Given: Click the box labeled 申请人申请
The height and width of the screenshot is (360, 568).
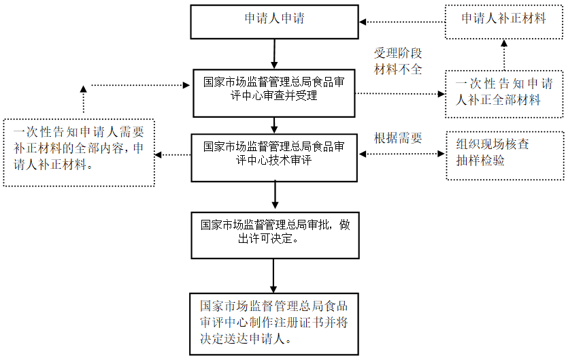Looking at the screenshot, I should coord(274,20).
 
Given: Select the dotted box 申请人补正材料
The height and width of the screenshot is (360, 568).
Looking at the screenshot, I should coord(504,20).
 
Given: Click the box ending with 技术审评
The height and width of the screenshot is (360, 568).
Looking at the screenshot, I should coord(274,156).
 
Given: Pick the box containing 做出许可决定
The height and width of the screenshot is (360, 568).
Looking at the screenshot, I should coord(274,233).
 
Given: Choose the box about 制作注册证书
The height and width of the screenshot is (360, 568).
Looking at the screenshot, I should coord(274,323).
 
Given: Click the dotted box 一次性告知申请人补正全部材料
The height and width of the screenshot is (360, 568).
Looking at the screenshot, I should coord(504,92).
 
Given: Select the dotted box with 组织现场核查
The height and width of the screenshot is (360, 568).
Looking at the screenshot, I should coord(504,155).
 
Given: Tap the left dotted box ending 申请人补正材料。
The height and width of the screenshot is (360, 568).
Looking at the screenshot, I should coord(78,152).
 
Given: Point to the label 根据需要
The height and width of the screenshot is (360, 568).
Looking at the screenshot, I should coord(398,138).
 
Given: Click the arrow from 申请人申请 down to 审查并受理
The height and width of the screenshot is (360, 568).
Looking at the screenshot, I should coord(274,52).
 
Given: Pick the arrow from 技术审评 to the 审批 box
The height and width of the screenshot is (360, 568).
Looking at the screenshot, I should coord(274,195).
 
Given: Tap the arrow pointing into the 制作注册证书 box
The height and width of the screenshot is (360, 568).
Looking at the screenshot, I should coord(274,276).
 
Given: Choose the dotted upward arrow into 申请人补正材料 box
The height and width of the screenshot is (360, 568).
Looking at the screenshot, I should coord(504,54).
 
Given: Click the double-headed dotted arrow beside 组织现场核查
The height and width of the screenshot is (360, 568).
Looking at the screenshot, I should coord(401,154).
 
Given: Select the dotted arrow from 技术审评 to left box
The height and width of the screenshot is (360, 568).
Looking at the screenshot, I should coord(173,154).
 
